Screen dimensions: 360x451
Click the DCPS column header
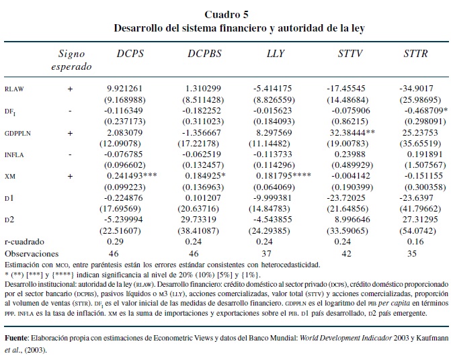click(130, 53)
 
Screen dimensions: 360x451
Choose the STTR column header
click(415, 53)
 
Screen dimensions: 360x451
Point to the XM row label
click(10, 177)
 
